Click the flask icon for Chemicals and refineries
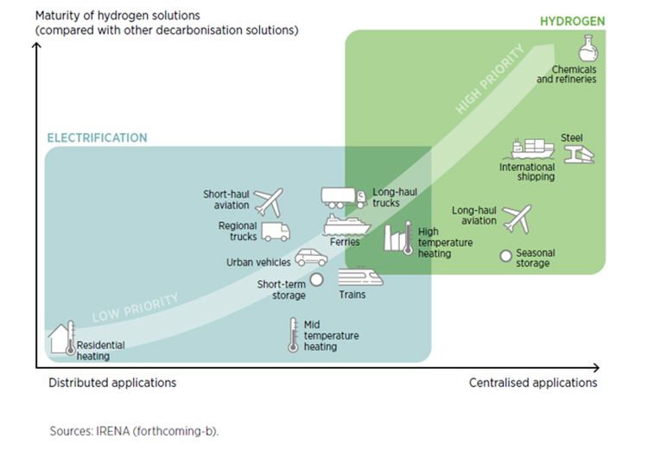588,48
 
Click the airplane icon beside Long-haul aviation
517,219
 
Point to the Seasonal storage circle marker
505,255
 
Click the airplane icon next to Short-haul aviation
268,202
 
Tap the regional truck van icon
275,232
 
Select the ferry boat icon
346,225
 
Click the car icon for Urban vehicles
311,257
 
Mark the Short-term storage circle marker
316,279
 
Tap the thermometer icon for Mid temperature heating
292,335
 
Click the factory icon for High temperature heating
400,237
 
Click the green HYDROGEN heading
572,20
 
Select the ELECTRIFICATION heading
97,138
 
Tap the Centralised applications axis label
533,382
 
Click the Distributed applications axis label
112,382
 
